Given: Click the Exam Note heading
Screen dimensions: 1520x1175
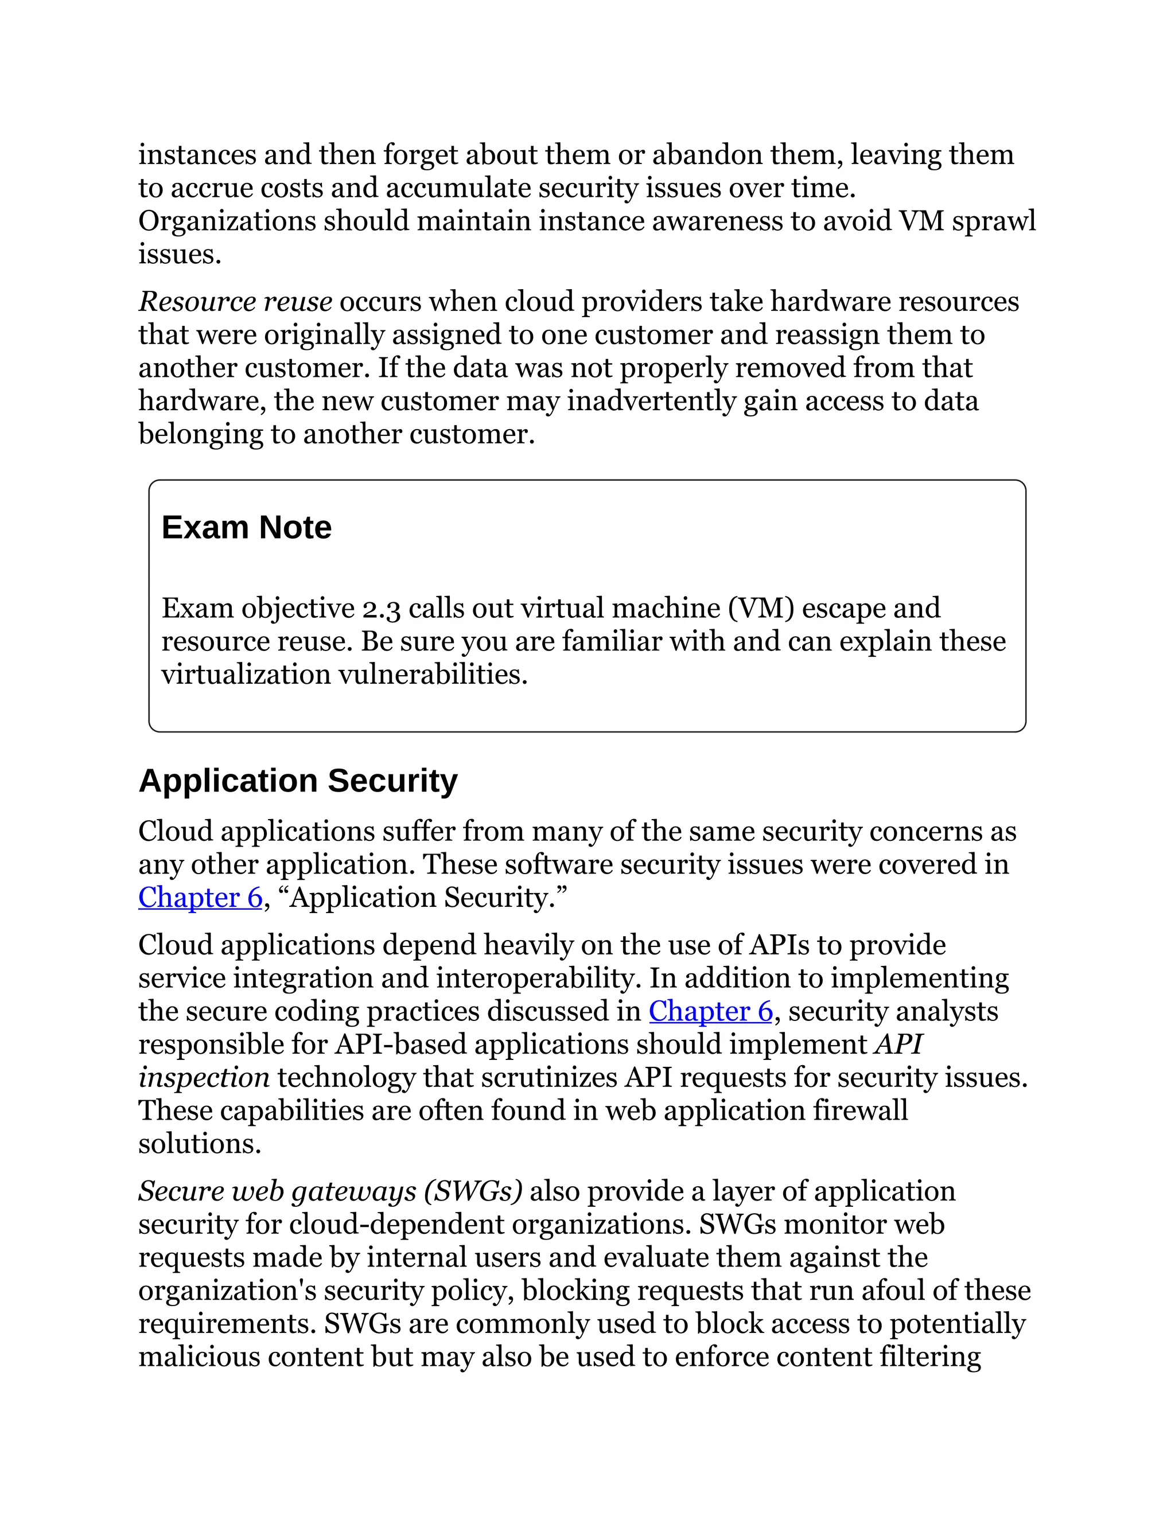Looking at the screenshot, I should click(x=246, y=528).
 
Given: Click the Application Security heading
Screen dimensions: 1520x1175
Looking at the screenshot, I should click(x=298, y=781).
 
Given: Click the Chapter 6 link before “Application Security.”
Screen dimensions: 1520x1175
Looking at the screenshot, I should click(x=200, y=898).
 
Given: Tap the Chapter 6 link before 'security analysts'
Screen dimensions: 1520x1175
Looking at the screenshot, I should click(x=711, y=1011).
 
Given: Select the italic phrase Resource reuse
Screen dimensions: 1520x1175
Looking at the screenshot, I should click(x=235, y=302).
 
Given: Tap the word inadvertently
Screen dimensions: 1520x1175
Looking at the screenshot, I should click(x=651, y=402).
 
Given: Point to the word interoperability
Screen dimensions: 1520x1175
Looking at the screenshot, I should click(x=538, y=979).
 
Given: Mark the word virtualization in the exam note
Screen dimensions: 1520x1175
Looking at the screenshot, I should click(x=246, y=675).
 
